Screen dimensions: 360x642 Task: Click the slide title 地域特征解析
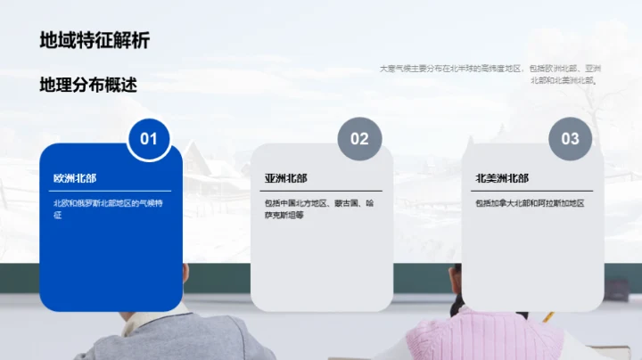(x=95, y=40)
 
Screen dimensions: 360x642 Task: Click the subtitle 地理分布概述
(x=88, y=85)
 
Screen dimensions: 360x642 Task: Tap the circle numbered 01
(x=149, y=138)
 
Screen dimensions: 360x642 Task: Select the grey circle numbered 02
(x=359, y=138)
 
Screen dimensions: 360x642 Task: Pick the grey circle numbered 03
(x=570, y=138)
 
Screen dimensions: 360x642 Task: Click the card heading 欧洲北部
(x=75, y=178)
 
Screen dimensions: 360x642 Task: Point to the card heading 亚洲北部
(x=285, y=178)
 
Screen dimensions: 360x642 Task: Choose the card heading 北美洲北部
(x=502, y=178)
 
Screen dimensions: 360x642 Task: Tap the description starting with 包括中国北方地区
(x=317, y=209)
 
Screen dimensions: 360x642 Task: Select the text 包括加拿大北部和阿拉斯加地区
(x=530, y=203)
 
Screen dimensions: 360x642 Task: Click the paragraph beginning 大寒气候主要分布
(x=490, y=73)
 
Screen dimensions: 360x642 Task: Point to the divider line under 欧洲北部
(x=111, y=191)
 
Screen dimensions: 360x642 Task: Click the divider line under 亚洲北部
(x=323, y=191)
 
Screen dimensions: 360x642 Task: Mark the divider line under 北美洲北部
(x=533, y=191)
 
